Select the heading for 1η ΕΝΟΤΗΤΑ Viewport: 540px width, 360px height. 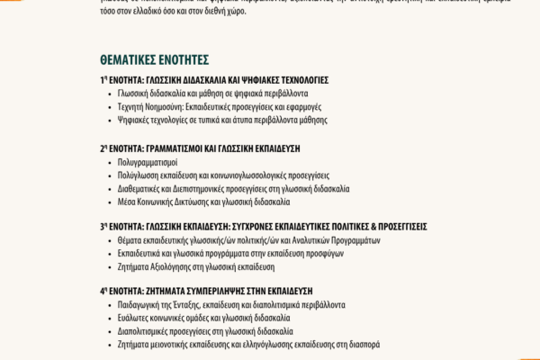point(214,80)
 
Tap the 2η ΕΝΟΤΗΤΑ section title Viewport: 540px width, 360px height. point(200,148)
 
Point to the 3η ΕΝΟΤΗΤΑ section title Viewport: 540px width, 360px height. point(263,227)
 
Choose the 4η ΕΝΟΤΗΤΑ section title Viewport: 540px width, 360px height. point(206,292)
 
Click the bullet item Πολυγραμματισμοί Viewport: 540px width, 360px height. point(148,162)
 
